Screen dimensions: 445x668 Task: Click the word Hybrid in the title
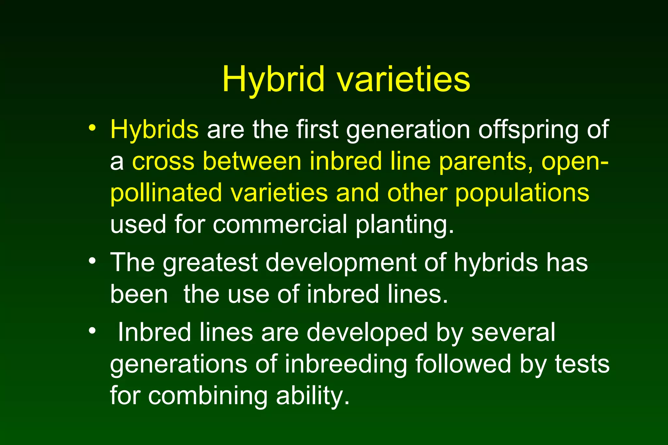pyautogui.click(x=273, y=80)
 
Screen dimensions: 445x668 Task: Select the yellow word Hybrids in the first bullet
pyautogui.click(x=154, y=129)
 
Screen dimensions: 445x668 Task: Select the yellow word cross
pyautogui.click(x=163, y=162)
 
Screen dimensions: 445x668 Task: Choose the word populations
pyautogui.click(x=522, y=193)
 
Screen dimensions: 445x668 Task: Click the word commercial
pyautogui.click(x=280, y=224)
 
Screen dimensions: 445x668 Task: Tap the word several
pyautogui.click(x=513, y=333)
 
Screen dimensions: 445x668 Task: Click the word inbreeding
pyautogui.click(x=346, y=365)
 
